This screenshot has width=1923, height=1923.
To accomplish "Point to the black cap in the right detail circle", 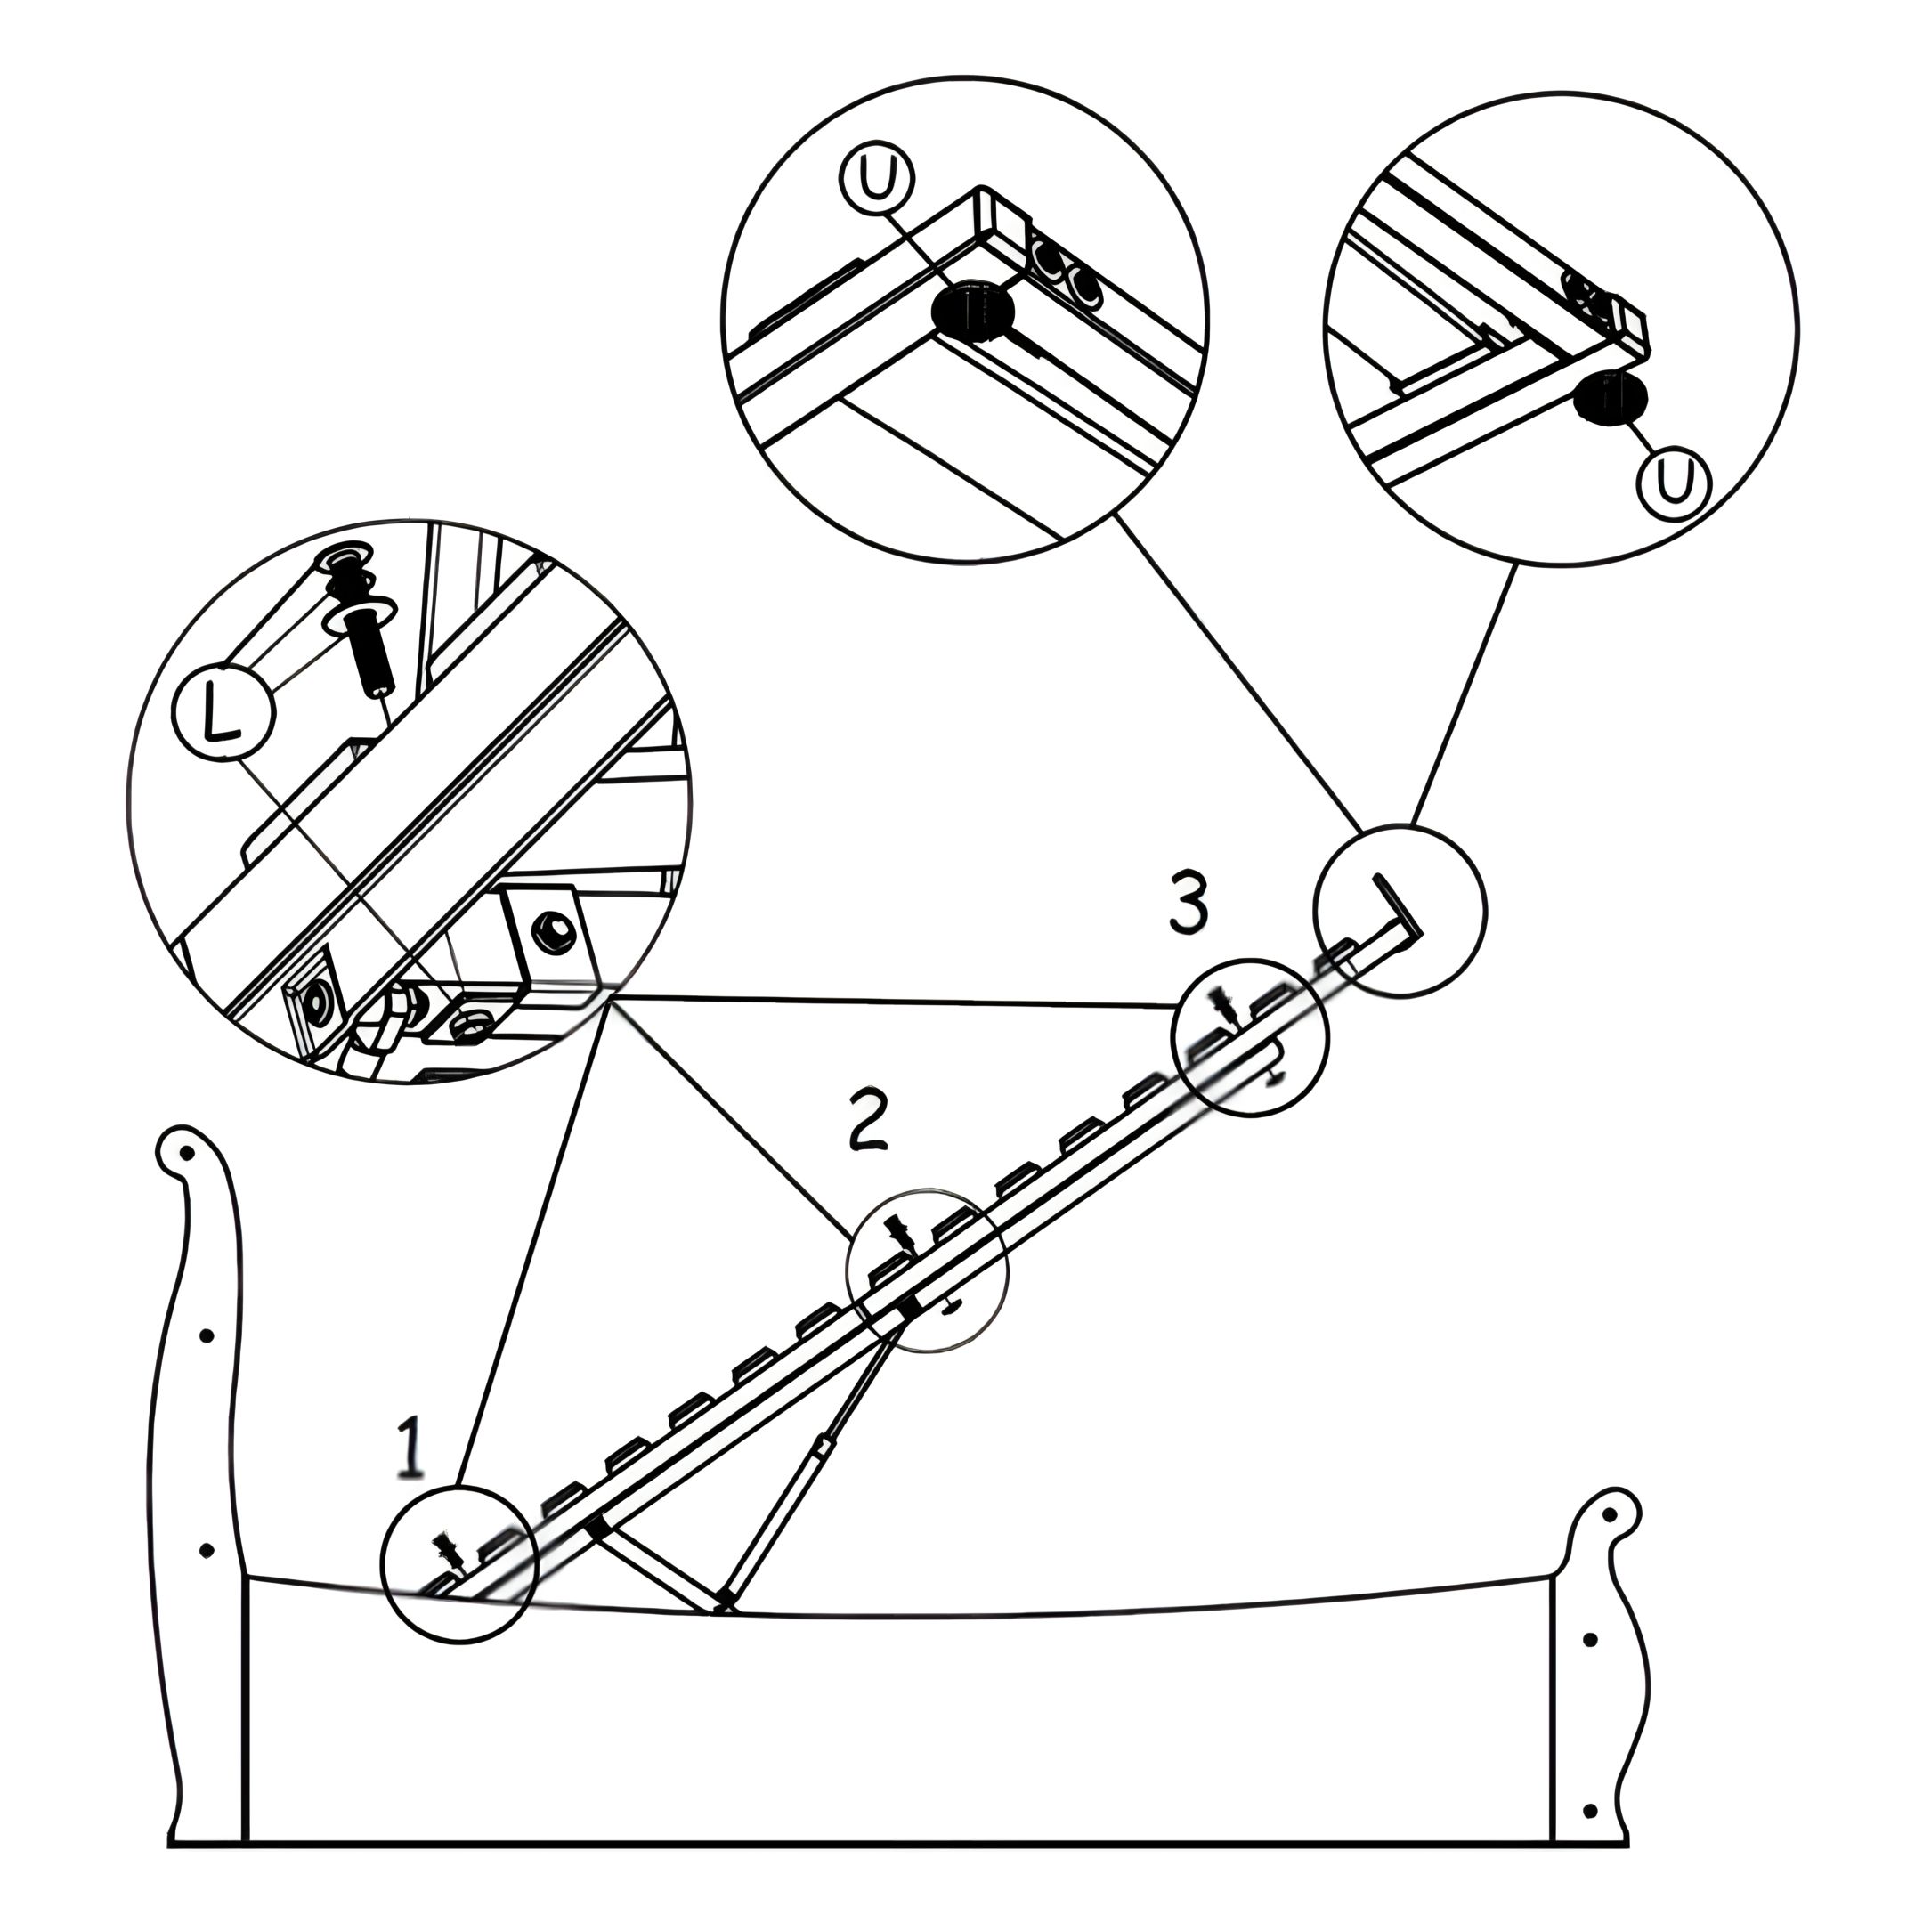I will (x=1610, y=398).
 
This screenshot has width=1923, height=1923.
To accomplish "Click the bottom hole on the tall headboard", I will (x=207, y=1551).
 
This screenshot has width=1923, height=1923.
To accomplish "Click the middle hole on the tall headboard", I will (x=207, y=1335).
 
